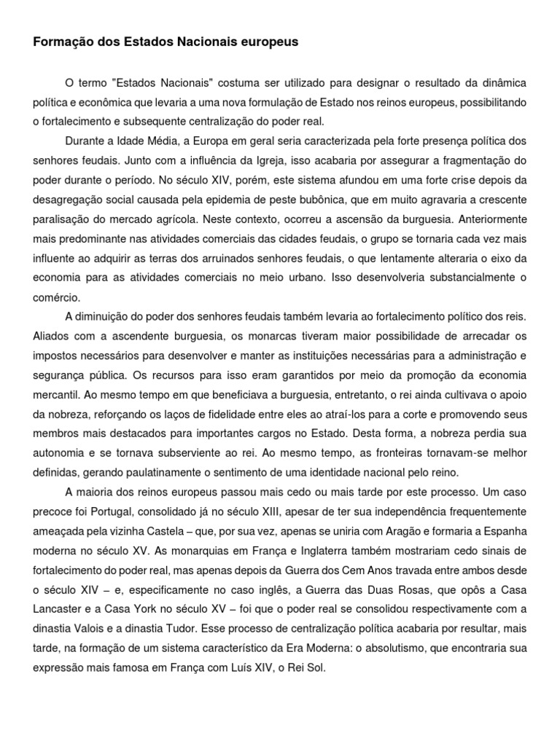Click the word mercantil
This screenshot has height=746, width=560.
coord(58,395)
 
